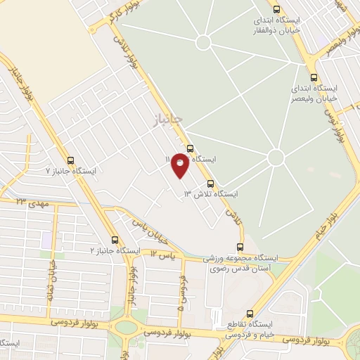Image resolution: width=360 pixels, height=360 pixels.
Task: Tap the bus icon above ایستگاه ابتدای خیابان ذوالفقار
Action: click(276, 10)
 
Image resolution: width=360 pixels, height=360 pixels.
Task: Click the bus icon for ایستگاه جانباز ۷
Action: click(70, 160)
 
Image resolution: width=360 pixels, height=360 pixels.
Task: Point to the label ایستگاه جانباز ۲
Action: click(115, 250)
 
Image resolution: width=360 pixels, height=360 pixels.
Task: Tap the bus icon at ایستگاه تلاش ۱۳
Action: click(210, 181)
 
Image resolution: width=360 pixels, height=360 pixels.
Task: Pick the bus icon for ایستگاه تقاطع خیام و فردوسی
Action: click(250, 315)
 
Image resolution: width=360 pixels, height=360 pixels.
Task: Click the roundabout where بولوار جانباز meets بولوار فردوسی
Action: click(127, 326)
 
